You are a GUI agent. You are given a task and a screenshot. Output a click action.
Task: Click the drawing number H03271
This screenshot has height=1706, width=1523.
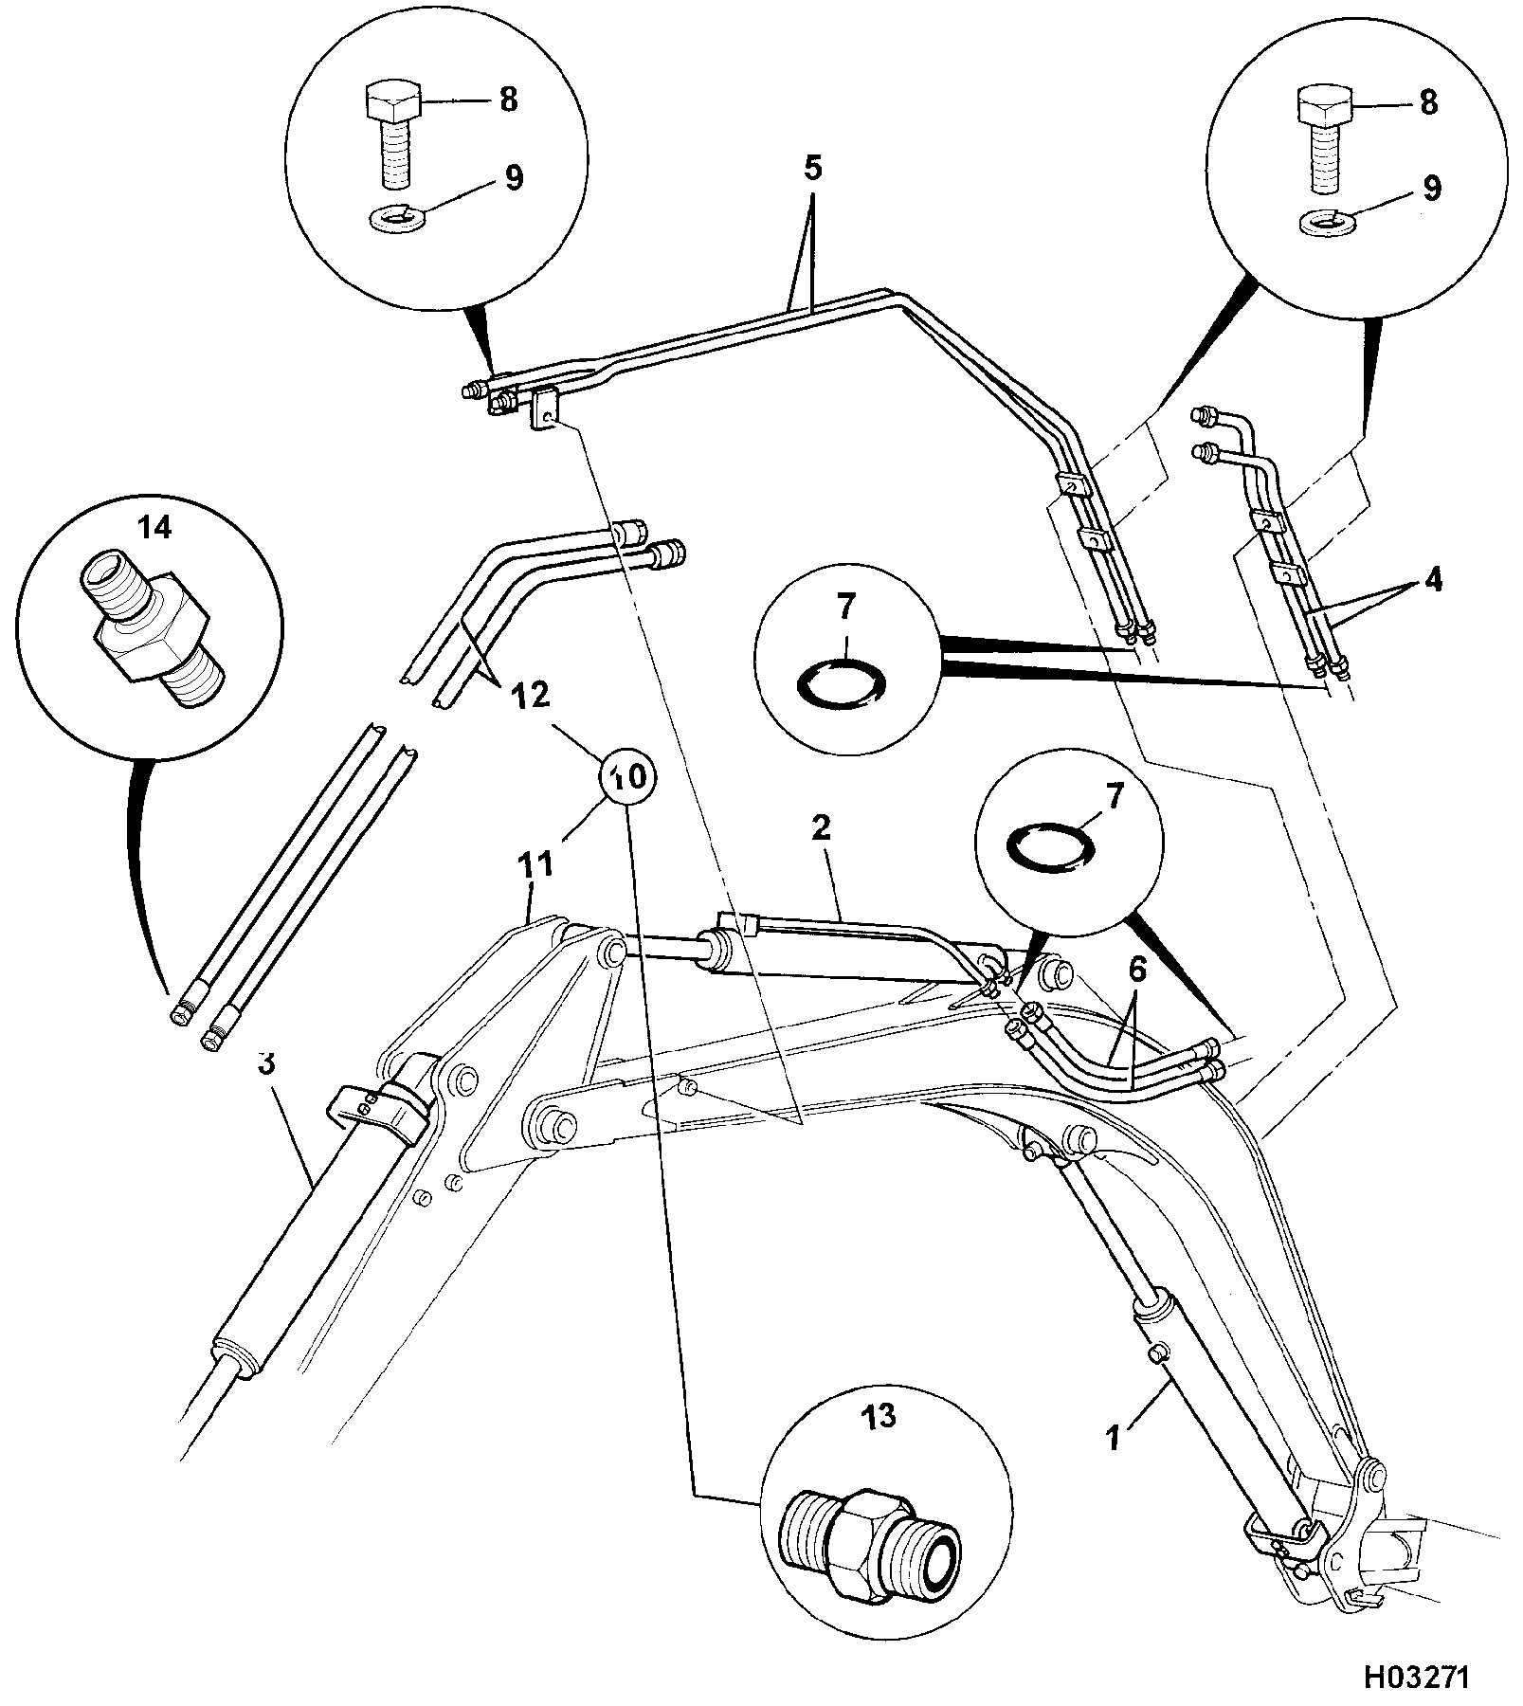[1416, 1677]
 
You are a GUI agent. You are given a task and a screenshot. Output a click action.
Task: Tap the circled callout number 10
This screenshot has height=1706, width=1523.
[628, 777]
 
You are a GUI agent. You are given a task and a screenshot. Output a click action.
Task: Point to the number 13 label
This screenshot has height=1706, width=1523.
[879, 1418]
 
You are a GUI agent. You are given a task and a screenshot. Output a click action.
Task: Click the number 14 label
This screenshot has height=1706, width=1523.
[155, 528]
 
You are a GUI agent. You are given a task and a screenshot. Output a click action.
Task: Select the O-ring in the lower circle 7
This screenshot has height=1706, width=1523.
[1049, 843]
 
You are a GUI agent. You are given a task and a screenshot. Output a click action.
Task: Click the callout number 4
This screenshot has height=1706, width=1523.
[1433, 580]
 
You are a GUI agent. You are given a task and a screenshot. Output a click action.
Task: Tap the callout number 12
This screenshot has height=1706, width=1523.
[531, 696]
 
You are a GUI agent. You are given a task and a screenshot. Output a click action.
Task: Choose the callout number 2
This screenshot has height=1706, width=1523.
[821, 827]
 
